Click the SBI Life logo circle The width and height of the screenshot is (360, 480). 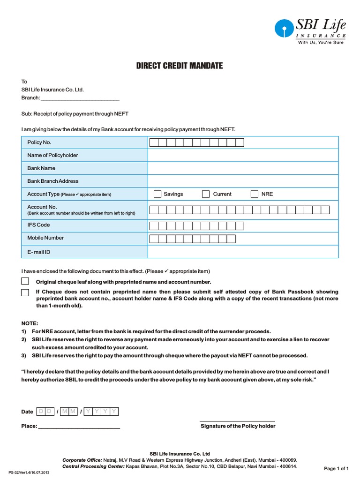coord(283,29)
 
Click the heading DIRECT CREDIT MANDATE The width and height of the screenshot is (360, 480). coord(180,66)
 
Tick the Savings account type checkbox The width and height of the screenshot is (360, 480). coord(157,194)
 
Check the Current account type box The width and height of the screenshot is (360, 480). coord(205,194)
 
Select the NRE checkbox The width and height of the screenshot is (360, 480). coord(255,194)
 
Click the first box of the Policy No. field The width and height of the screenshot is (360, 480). coord(154,142)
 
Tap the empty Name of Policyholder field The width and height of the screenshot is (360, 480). coord(243,156)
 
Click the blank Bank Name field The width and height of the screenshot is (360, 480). coord(243,168)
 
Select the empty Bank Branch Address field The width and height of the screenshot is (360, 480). coord(243,181)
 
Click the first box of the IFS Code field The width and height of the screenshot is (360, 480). coord(154,226)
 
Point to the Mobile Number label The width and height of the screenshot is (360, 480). coord(45,238)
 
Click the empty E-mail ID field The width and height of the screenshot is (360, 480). coord(243,252)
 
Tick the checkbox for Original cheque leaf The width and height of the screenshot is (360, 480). coord(25,281)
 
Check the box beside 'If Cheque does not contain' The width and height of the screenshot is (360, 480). coord(25,292)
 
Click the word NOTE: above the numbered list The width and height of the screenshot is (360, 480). coord(30,323)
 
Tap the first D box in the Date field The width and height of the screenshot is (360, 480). coord(41,412)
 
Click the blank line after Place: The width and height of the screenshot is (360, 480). coord(79,427)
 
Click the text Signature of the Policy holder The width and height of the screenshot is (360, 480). coord(238,426)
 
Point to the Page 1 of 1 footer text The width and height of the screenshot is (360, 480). coord(337,468)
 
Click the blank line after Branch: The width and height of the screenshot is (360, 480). coord(80,98)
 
